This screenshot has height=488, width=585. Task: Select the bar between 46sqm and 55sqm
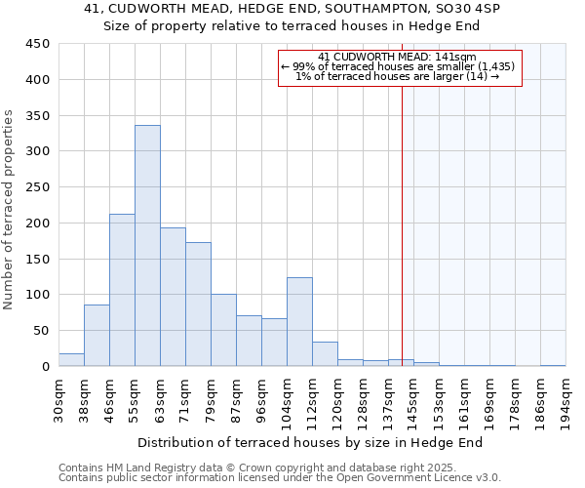[122, 290]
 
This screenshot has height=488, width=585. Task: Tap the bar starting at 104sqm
[299, 322]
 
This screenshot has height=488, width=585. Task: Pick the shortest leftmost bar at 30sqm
[71, 360]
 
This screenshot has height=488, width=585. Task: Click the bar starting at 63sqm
[173, 297]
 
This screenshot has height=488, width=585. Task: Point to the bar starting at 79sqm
[223, 330]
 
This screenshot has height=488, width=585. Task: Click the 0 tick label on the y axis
[45, 367]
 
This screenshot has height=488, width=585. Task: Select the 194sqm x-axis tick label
[565, 398]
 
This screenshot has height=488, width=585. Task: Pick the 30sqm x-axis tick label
[58, 398]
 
